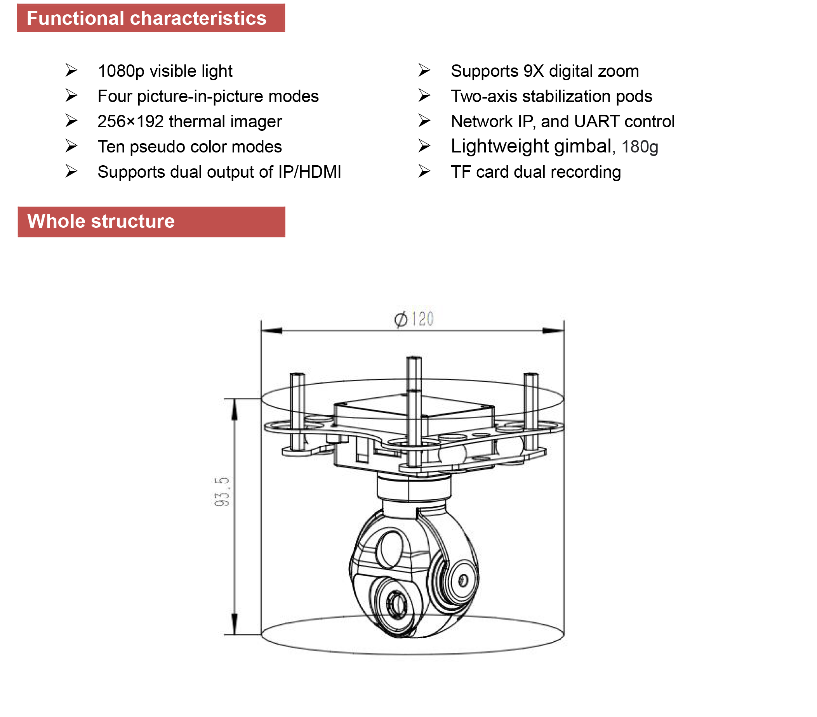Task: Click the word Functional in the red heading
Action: (x=75, y=19)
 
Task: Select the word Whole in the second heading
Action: (x=56, y=222)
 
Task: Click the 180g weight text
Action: (x=640, y=147)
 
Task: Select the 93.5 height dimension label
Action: (x=222, y=492)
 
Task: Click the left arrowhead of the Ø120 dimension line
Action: (x=272, y=331)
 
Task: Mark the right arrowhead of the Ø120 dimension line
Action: (x=553, y=331)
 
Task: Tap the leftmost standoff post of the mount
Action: (x=297, y=411)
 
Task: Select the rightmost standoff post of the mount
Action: (x=531, y=411)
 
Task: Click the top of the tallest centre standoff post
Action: (x=414, y=359)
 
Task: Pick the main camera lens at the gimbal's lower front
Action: (x=397, y=604)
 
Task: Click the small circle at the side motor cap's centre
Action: (x=463, y=580)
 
